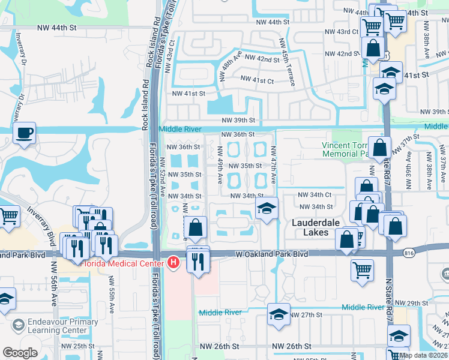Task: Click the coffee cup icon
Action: coord(25,133)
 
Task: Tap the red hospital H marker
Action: coord(173,262)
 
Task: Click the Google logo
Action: coord(20,353)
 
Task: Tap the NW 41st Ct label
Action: coord(256,79)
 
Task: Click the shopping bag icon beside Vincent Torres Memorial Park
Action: coord(380,147)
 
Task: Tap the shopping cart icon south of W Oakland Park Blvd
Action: coord(362,271)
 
